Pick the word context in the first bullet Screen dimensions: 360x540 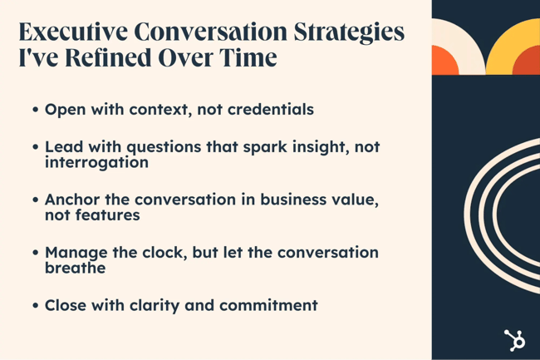[154, 109]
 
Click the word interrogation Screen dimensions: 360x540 [96, 162]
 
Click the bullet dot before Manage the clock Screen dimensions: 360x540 [36, 254]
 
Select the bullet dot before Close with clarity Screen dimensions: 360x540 [36, 306]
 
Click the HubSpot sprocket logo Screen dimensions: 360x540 [514, 340]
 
